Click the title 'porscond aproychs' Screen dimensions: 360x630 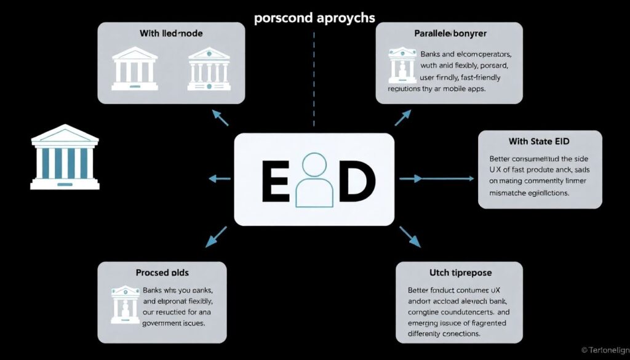coord(314,17)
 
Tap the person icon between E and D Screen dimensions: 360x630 coord(314,180)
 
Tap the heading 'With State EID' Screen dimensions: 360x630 coord(540,142)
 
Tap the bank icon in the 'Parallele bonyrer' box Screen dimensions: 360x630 coord(402,66)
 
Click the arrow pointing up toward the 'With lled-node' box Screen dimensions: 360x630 coord(220,119)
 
